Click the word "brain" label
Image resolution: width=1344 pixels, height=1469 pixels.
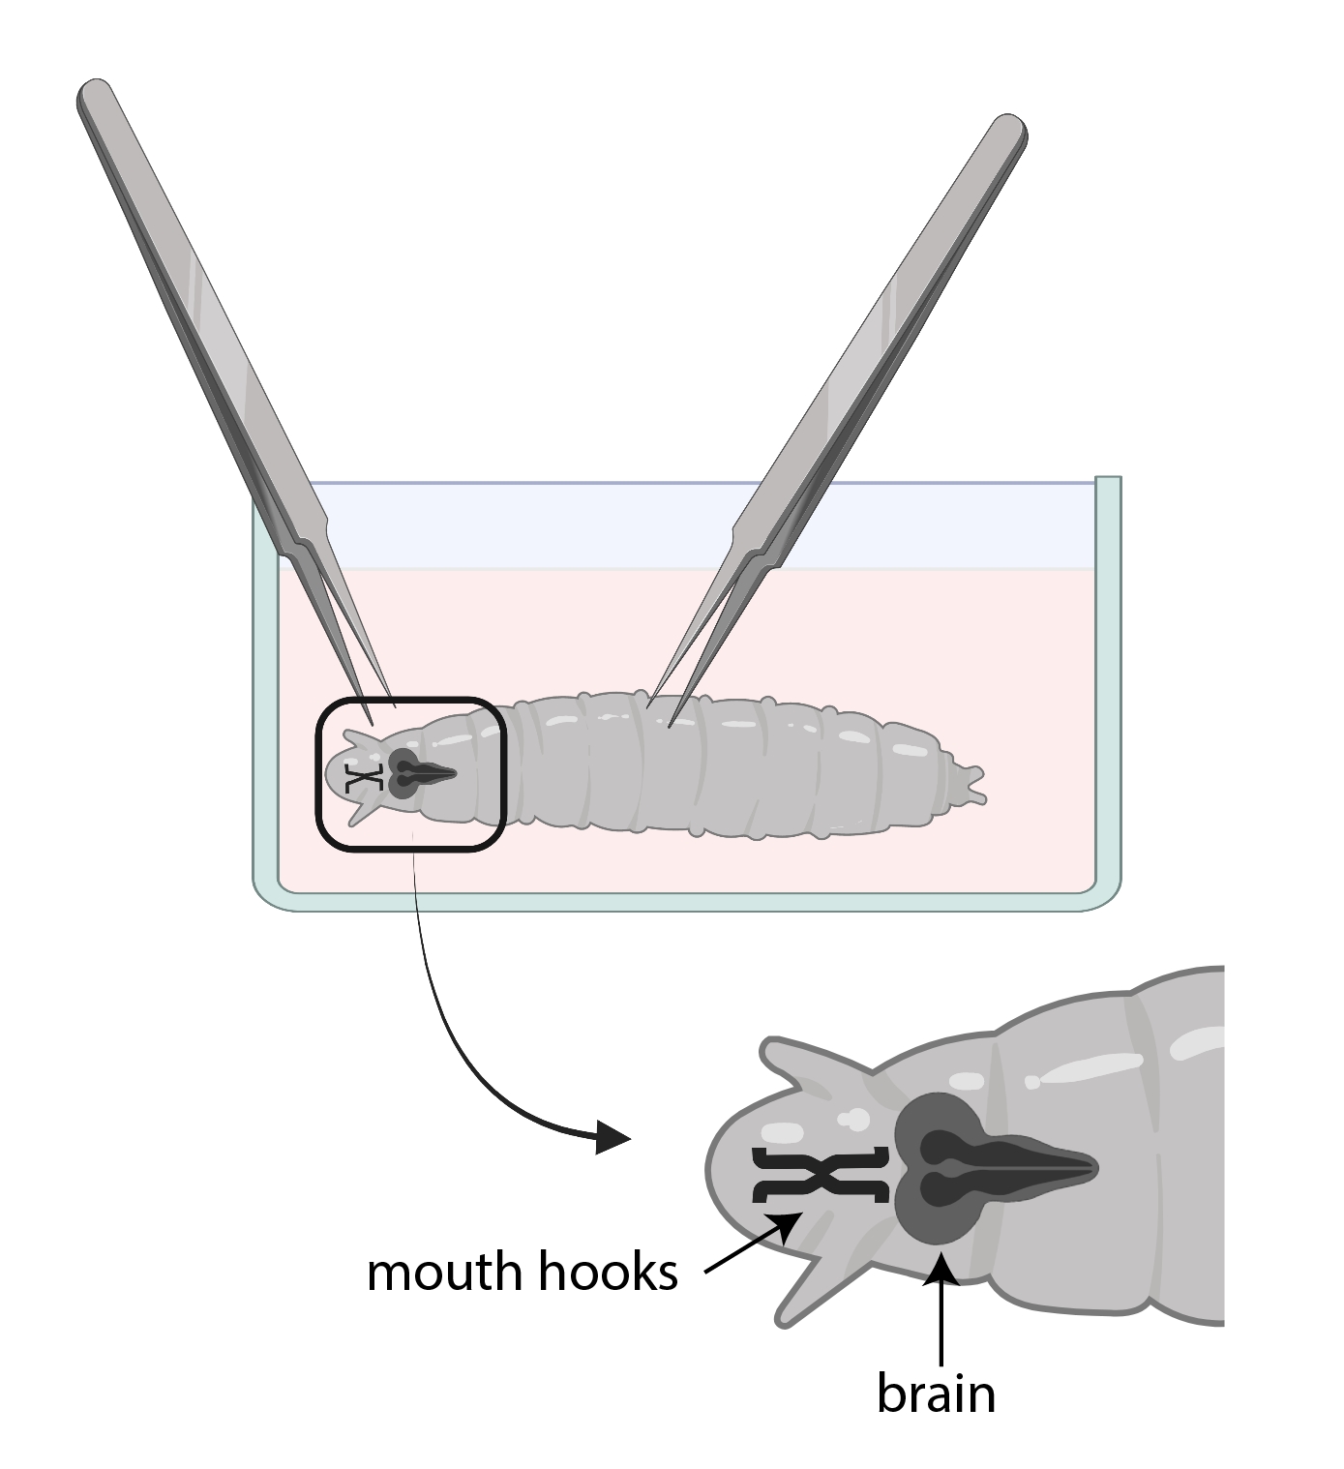(935, 1394)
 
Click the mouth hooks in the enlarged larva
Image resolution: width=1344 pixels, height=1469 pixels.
(821, 1177)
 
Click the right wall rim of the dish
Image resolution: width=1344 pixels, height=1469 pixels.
(1108, 479)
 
